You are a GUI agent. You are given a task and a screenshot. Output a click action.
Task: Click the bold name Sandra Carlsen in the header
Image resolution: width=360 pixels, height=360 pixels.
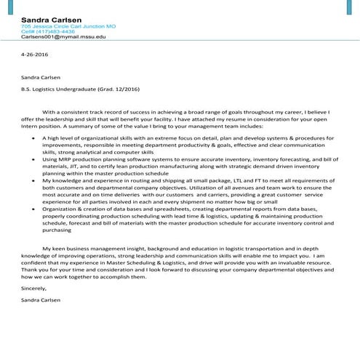click(51, 18)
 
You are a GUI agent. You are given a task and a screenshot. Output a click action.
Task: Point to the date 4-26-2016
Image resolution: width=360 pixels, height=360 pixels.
click(33, 54)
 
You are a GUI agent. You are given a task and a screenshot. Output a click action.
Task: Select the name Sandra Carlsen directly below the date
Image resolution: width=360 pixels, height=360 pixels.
click(41, 75)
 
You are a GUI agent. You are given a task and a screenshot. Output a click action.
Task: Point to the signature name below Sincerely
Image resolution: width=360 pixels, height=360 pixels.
click(41, 299)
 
